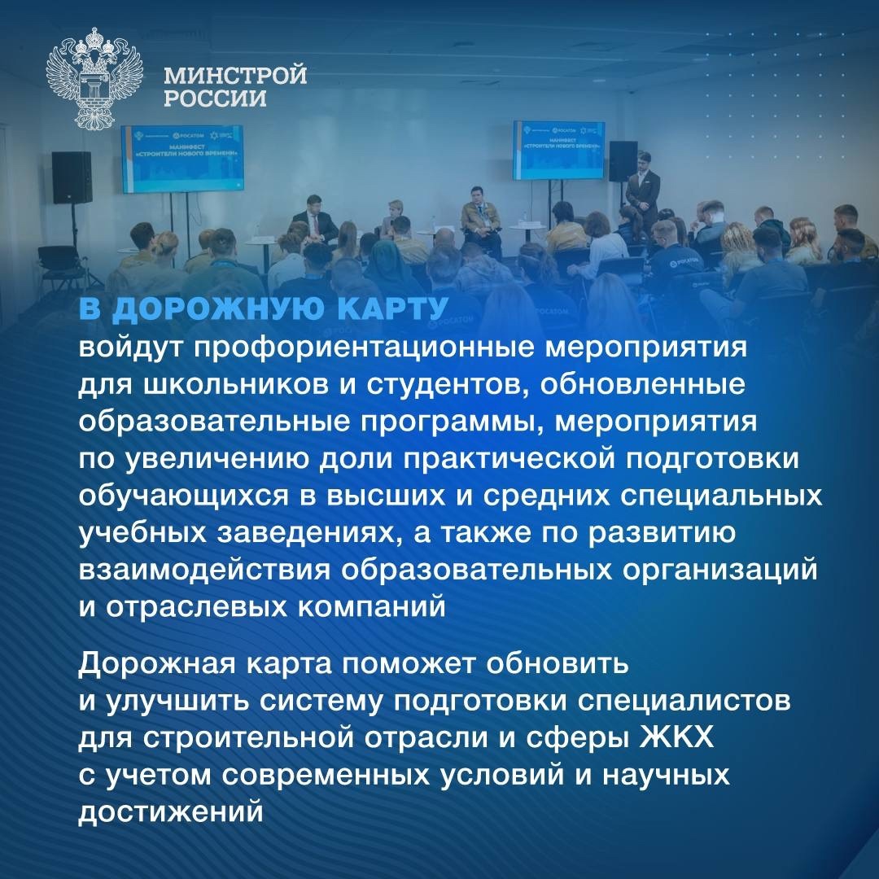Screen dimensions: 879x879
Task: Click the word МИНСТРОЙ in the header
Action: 235,77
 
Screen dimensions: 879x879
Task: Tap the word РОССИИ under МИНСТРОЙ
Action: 215,99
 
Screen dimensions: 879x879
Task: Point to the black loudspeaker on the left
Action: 72,177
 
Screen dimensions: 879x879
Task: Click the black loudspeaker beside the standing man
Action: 623,161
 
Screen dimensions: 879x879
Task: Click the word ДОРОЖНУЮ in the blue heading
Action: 204,311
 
